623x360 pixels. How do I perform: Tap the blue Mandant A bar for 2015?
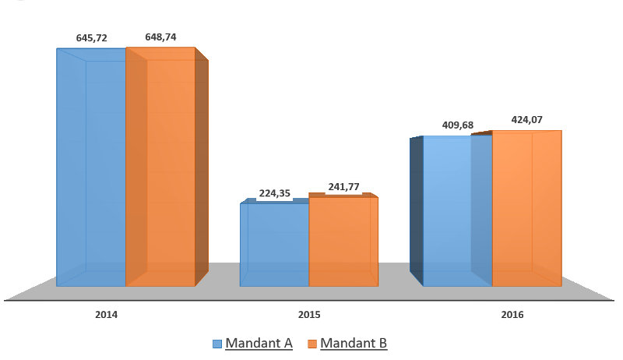tap(274, 244)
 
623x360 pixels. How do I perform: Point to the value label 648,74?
tap(160, 37)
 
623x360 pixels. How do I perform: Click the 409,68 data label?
tap(457, 126)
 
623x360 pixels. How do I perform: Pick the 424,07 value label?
tap(526, 120)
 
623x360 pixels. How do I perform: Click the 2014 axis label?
tap(106, 315)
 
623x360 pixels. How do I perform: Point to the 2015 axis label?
tap(309, 315)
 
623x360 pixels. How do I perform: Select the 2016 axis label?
tap(512, 315)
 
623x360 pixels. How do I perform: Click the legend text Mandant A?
tap(259, 344)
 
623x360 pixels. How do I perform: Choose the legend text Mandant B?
tap(353, 344)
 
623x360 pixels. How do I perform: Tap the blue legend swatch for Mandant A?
tap(217, 344)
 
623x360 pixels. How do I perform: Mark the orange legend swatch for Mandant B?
tap(311, 344)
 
